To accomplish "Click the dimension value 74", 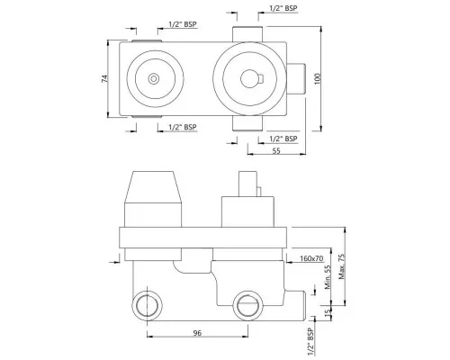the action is (104, 78).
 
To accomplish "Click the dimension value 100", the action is (318, 78).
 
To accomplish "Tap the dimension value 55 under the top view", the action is (276, 150).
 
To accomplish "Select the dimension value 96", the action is (197, 333).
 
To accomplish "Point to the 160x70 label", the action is (311, 258).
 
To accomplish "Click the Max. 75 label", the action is (342, 266).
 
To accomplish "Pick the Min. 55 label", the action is (328, 276).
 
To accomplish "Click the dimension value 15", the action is (328, 311).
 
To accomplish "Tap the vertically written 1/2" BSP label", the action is (310, 342).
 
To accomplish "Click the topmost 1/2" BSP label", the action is (283, 8).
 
